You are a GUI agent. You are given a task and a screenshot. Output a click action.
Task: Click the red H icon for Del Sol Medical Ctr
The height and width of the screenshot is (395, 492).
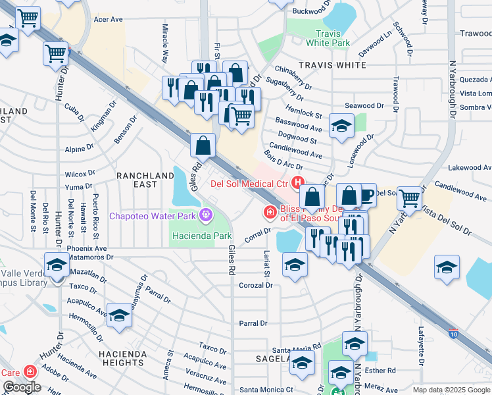298,182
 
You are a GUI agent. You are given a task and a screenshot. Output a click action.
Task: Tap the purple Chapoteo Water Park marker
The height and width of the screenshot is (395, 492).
207,215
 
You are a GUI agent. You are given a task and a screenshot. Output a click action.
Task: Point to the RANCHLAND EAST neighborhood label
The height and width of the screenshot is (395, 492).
146,180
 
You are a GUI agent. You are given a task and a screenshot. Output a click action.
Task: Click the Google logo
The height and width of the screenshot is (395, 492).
22,387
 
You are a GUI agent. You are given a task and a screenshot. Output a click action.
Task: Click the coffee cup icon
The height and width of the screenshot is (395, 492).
366,194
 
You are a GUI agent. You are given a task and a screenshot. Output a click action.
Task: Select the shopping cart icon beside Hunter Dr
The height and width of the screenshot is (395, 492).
56,53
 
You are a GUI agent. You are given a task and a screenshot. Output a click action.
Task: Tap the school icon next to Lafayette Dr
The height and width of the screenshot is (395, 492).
447,267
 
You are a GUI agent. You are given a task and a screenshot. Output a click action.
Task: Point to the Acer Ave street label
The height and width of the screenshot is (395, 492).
109,20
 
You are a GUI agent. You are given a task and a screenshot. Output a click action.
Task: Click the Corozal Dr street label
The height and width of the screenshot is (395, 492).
256,285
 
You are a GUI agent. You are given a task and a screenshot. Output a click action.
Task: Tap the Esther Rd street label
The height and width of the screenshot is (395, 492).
381,371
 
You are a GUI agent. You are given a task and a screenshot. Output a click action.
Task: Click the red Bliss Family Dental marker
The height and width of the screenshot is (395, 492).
269,212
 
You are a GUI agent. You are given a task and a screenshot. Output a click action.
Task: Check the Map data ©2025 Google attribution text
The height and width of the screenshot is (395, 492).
451,390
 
